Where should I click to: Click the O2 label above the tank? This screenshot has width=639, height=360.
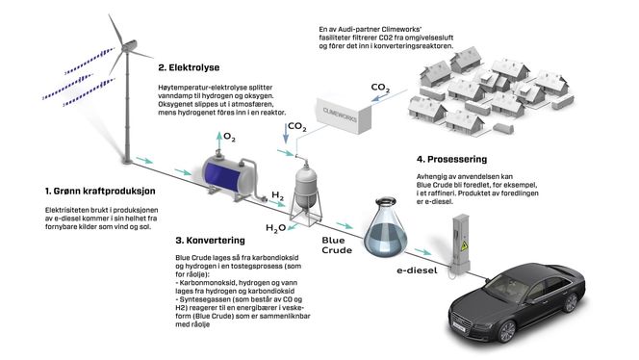pos(229,139)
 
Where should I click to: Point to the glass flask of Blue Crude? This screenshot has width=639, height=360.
pos(390,222)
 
